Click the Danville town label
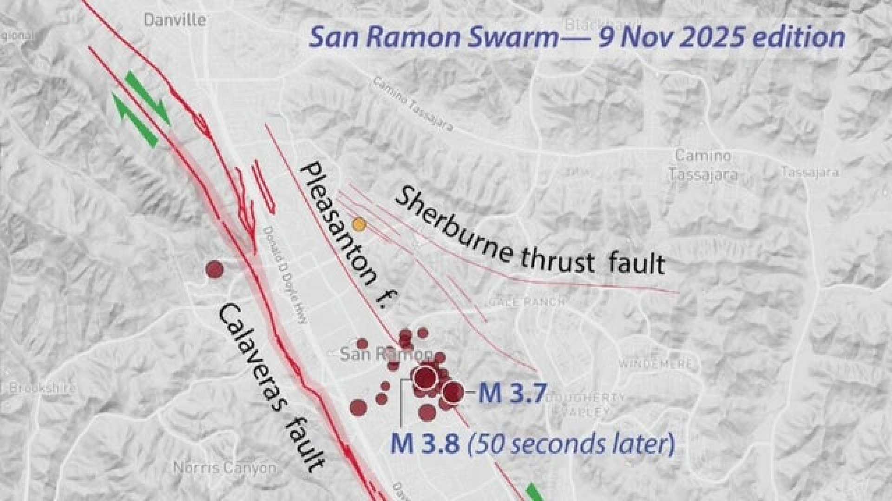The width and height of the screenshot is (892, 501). coord(175,19)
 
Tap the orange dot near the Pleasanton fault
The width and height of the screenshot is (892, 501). coord(359,225)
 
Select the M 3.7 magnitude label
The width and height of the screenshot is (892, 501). coord(512,393)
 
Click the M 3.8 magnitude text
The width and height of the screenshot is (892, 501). coord(425,443)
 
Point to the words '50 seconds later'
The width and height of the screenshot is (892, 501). coord(570,444)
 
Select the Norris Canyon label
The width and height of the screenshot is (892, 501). coord(224,468)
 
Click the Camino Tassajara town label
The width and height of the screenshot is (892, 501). coord(703,164)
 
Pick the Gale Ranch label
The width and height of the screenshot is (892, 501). coord(527,302)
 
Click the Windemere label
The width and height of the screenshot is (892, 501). coord(656,364)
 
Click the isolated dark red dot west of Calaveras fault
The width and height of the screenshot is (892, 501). coord(215,269)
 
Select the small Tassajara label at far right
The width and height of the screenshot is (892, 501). coord(810,173)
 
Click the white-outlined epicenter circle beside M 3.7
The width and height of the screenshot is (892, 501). coord(453,392)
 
